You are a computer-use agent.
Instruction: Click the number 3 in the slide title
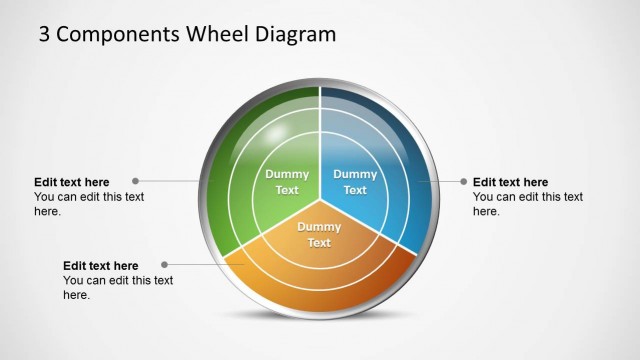tap(45, 35)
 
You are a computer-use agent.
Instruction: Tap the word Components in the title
tap(119, 35)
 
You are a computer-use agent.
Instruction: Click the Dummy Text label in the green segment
tap(287, 182)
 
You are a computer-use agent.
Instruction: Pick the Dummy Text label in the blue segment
tap(355, 182)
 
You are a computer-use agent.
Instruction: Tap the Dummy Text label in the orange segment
tap(319, 235)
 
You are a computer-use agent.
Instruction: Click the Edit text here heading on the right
tap(510, 182)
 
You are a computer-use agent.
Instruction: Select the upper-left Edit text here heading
tap(72, 182)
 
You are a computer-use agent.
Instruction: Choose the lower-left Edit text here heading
tap(101, 266)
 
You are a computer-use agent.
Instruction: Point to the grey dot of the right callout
tap(463, 182)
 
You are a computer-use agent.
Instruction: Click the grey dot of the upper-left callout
tap(135, 182)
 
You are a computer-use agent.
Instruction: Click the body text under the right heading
tap(527, 204)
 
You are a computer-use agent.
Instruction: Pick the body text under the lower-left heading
tap(118, 288)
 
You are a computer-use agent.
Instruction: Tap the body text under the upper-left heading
tap(89, 204)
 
